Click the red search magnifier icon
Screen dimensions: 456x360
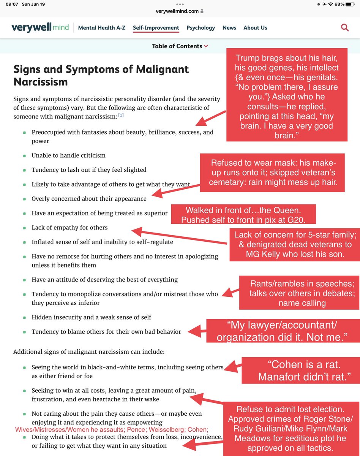(345, 27)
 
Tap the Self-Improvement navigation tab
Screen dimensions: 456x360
(156, 28)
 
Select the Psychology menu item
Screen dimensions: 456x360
(201, 28)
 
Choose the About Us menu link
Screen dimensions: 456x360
(255, 28)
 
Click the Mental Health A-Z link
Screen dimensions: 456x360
(102, 28)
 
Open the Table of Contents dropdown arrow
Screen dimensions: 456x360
(206, 46)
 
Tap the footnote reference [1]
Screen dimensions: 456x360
(120, 115)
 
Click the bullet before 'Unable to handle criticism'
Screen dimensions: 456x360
(24, 155)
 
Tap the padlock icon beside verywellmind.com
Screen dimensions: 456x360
(202, 11)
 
